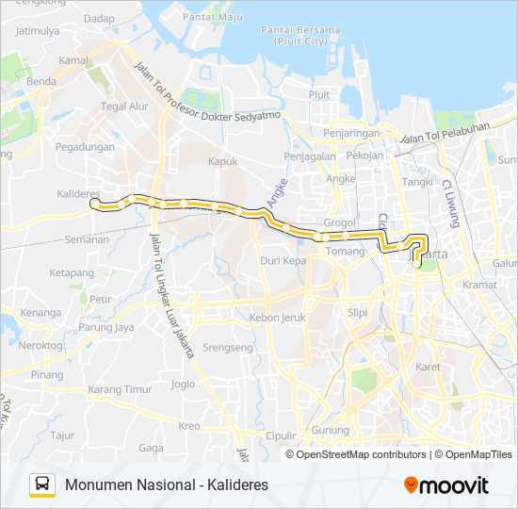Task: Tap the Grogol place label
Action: [339, 223]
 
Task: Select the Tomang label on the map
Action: [346, 251]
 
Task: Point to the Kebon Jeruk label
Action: [278, 318]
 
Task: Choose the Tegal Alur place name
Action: [125, 107]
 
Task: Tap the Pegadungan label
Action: [85, 147]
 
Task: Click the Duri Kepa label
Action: [283, 260]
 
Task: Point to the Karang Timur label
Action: [120, 389]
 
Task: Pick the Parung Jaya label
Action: [105, 328]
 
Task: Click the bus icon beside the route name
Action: [42, 484]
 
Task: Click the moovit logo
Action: [446, 485]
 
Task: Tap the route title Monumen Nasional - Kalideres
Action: [167, 484]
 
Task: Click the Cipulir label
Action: [281, 435]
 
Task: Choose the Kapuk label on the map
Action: [222, 161]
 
